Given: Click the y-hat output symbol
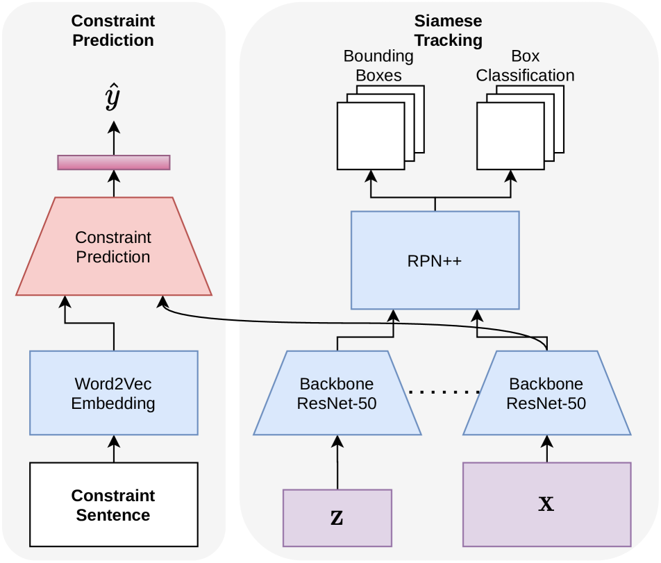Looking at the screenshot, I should [113, 99].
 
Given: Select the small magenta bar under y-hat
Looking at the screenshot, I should [113, 162].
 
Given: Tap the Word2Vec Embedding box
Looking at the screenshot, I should [113, 392].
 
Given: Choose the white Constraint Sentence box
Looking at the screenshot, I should [113, 505].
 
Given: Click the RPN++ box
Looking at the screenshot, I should [435, 260].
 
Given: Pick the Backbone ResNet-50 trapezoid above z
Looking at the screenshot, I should [337, 393].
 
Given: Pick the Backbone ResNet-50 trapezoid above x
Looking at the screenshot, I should [546, 393].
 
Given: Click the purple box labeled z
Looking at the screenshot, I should [337, 517].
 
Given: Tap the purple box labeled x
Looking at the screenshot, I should [546, 504].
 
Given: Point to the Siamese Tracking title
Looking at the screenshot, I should [448, 31].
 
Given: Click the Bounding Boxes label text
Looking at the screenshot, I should [378, 65].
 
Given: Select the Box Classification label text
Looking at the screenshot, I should [525, 65].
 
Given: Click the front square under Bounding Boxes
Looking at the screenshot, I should [370, 136].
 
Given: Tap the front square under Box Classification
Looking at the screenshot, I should [510, 136].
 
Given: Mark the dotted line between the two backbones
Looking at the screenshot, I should [443, 393].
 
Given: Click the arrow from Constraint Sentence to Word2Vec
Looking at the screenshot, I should [113, 449].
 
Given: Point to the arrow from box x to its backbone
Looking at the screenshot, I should [546, 449].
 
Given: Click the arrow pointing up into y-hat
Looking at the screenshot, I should [113, 137].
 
